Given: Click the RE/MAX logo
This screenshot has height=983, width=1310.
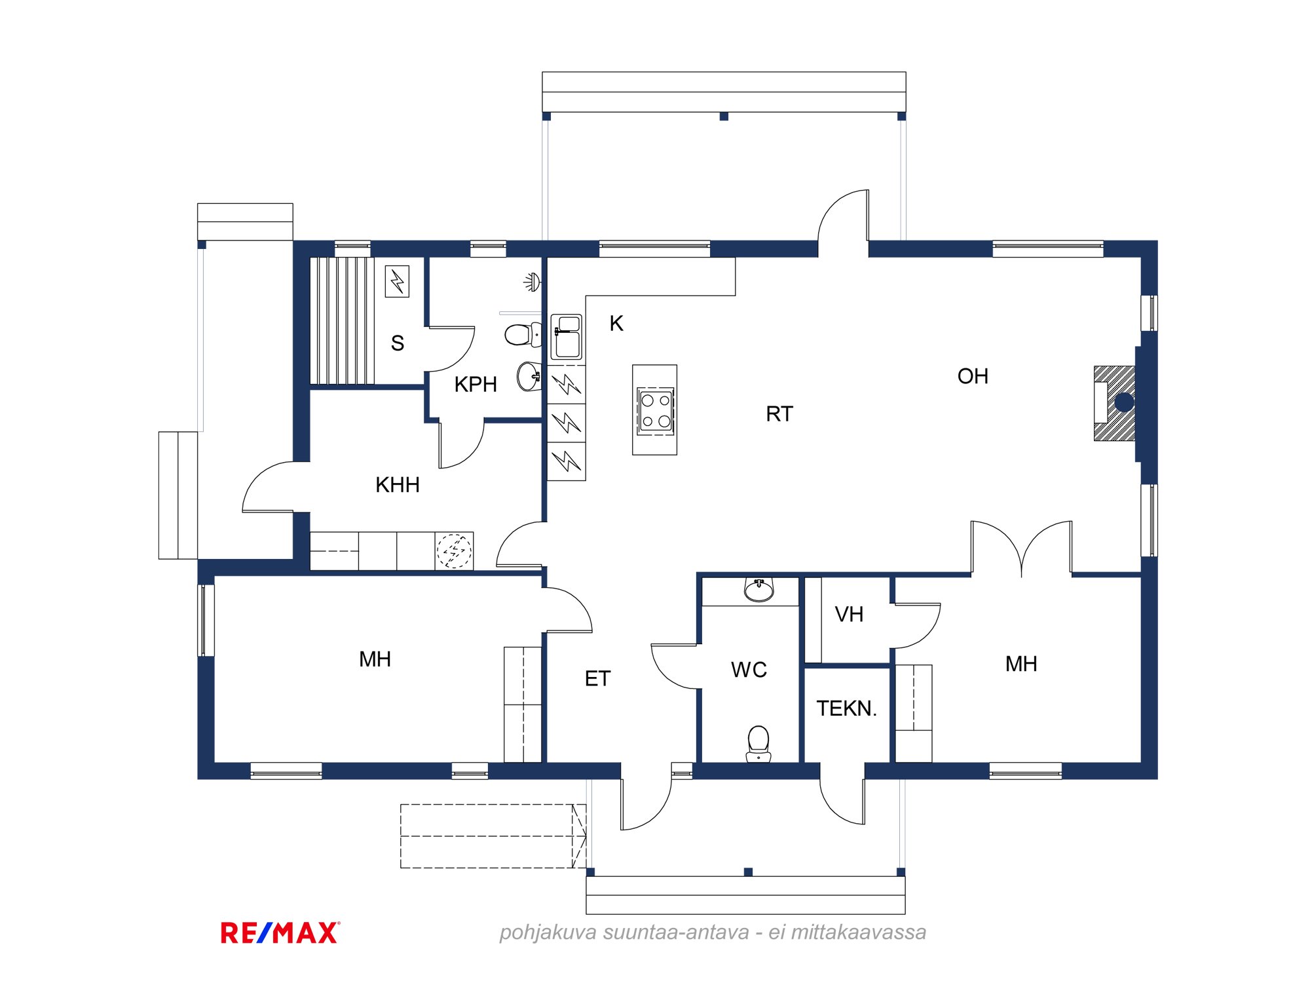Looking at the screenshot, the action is pyautogui.click(x=280, y=933).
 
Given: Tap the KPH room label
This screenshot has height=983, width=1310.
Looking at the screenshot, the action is pyautogui.click(x=476, y=384).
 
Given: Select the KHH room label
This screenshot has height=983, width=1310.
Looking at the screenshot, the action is pyautogui.click(x=398, y=485).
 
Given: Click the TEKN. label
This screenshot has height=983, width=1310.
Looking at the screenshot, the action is pyautogui.click(x=846, y=708).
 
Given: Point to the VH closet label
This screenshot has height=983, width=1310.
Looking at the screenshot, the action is pyautogui.click(x=849, y=614).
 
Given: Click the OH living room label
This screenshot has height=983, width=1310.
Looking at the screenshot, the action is pyautogui.click(x=973, y=376).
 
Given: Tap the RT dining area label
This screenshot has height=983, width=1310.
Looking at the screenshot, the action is pyautogui.click(x=779, y=414).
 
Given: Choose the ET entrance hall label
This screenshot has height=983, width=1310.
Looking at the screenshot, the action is pyautogui.click(x=597, y=678).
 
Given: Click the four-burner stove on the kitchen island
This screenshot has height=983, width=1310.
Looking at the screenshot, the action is pyautogui.click(x=656, y=410).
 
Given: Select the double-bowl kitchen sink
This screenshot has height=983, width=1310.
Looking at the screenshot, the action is pyautogui.click(x=567, y=337).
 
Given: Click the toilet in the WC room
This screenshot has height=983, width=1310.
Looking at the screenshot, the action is pyautogui.click(x=758, y=744).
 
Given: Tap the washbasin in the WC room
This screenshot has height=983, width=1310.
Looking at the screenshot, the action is pyautogui.click(x=759, y=590).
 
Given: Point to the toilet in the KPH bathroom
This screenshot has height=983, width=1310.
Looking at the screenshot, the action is pyautogui.click(x=523, y=334).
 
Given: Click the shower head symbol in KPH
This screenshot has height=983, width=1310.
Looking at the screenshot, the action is pyautogui.click(x=533, y=282).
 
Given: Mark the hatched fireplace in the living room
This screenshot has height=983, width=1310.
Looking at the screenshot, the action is pyautogui.click(x=1114, y=403).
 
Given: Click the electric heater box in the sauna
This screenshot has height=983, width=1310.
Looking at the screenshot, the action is pyautogui.click(x=397, y=281).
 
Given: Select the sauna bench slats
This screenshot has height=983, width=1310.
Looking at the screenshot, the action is pyautogui.click(x=342, y=320).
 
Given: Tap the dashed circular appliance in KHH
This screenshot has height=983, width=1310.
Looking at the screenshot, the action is pyautogui.click(x=454, y=551).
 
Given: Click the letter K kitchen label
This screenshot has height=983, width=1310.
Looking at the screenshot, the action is pyautogui.click(x=616, y=323).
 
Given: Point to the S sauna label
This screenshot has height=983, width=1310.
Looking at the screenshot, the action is pyautogui.click(x=397, y=343).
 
